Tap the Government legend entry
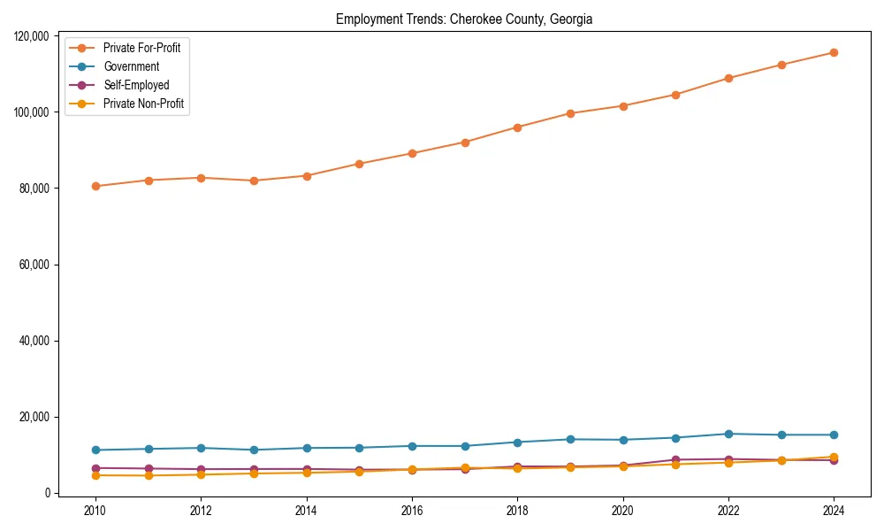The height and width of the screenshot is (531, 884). [x=131, y=66]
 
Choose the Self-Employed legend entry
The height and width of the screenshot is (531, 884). [x=135, y=85]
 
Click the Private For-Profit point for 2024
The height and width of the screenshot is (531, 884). [x=834, y=52]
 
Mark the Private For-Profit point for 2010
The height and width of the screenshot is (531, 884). [x=95, y=186]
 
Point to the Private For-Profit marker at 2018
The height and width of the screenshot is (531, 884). [x=517, y=127]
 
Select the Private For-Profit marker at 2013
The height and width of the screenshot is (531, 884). [x=254, y=181]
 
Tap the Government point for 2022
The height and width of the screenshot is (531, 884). [x=728, y=434]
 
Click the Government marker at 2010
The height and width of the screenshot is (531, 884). [x=95, y=450]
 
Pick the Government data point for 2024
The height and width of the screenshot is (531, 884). [x=834, y=435]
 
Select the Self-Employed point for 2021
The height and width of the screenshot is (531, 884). [x=675, y=460]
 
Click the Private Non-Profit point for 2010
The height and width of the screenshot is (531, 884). [x=95, y=475]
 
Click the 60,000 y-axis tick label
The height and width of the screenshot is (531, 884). [x=36, y=265]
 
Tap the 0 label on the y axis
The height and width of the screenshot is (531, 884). [x=50, y=493]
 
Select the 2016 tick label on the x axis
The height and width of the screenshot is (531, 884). [x=412, y=511]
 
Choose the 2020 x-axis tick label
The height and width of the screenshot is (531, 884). [x=623, y=511]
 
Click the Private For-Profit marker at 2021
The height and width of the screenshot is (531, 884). [x=675, y=95]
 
